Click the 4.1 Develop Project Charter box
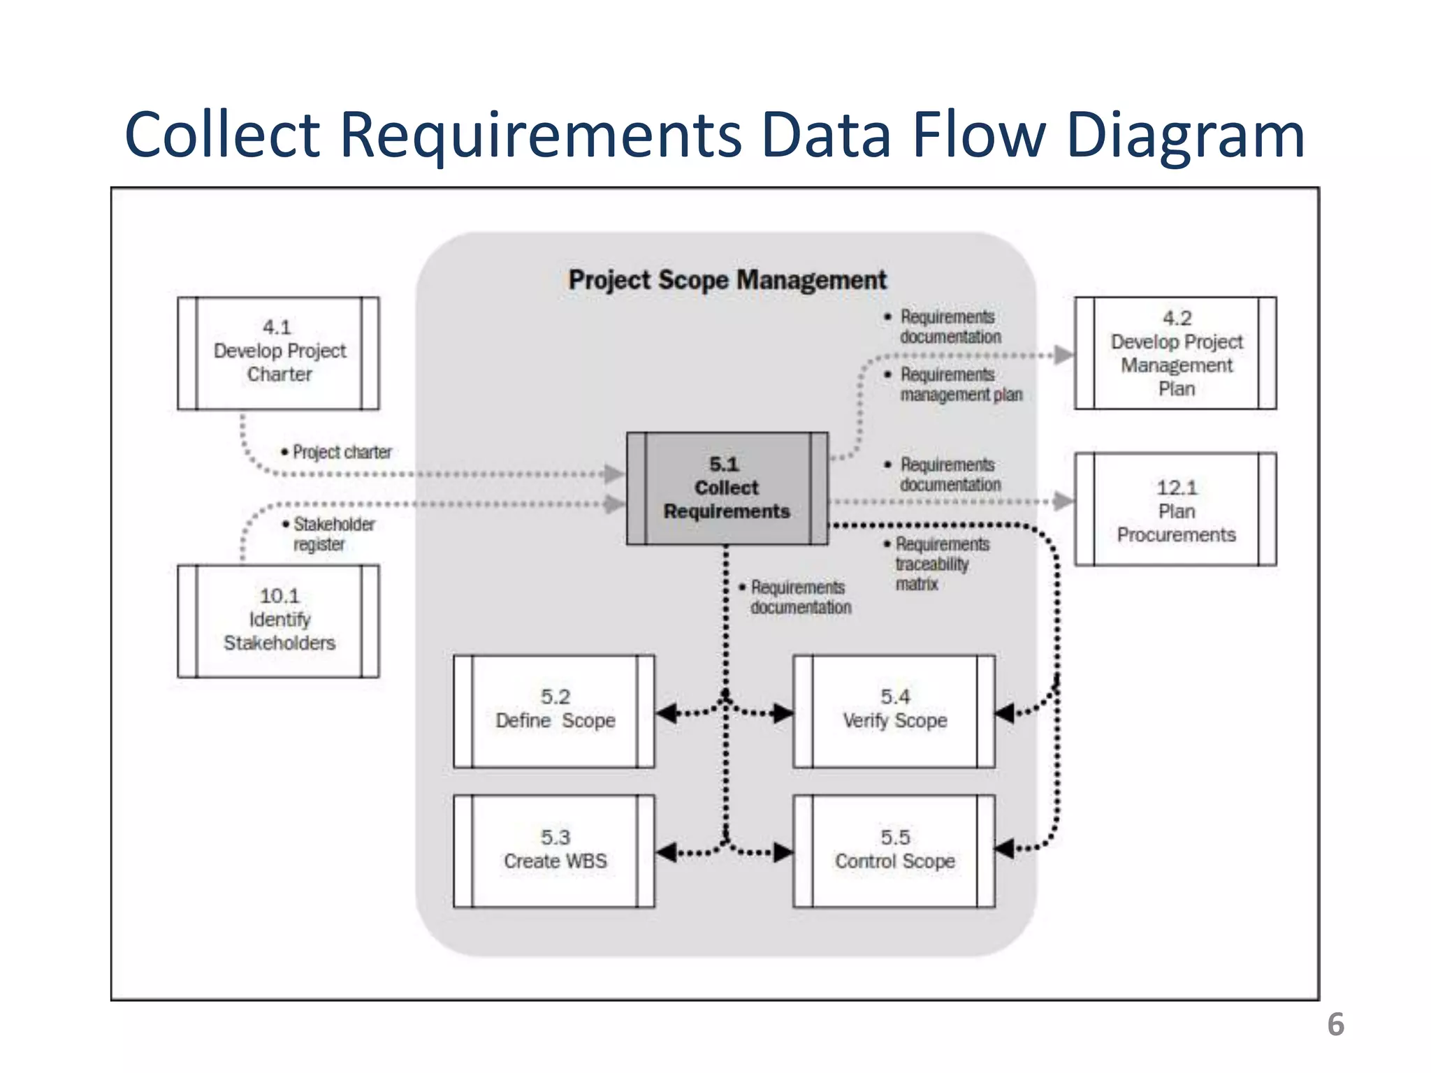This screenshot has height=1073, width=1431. [x=278, y=353]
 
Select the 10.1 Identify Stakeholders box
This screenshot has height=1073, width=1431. [x=278, y=620]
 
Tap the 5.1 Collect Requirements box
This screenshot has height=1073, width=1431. [x=727, y=488]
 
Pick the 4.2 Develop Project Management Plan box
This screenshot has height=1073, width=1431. [x=1175, y=353]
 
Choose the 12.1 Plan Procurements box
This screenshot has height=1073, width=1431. [x=1175, y=509]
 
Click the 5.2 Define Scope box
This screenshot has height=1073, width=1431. [x=554, y=711]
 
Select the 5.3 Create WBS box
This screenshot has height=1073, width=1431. [x=554, y=851]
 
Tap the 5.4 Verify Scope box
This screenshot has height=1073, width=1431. [x=894, y=711]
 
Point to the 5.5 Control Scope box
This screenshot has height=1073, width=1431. [x=894, y=851]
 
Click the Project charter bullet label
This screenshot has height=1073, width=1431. [x=341, y=452]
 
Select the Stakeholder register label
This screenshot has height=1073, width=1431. [x=333, y=534]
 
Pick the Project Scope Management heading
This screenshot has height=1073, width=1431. [x=727, y=280]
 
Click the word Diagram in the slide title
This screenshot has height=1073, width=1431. [x=1186, y=135]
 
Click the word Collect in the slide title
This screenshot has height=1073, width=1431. [x=222, y=135]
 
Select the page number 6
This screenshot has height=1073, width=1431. [x=1335, y=1025]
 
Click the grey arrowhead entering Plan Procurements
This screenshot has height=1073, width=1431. [x=1063, y=501]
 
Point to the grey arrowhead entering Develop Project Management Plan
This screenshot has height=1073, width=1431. [x=1063, y=355]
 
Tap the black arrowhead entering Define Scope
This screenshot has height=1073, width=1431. [x=667, y=713]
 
